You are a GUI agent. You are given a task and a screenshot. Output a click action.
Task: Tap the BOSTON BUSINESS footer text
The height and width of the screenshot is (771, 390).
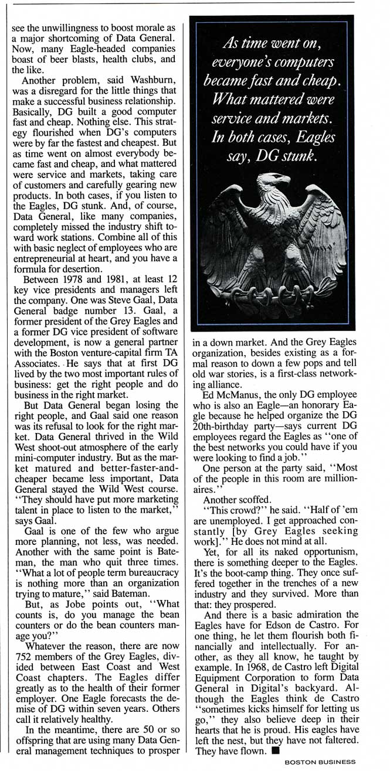(320, 762)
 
